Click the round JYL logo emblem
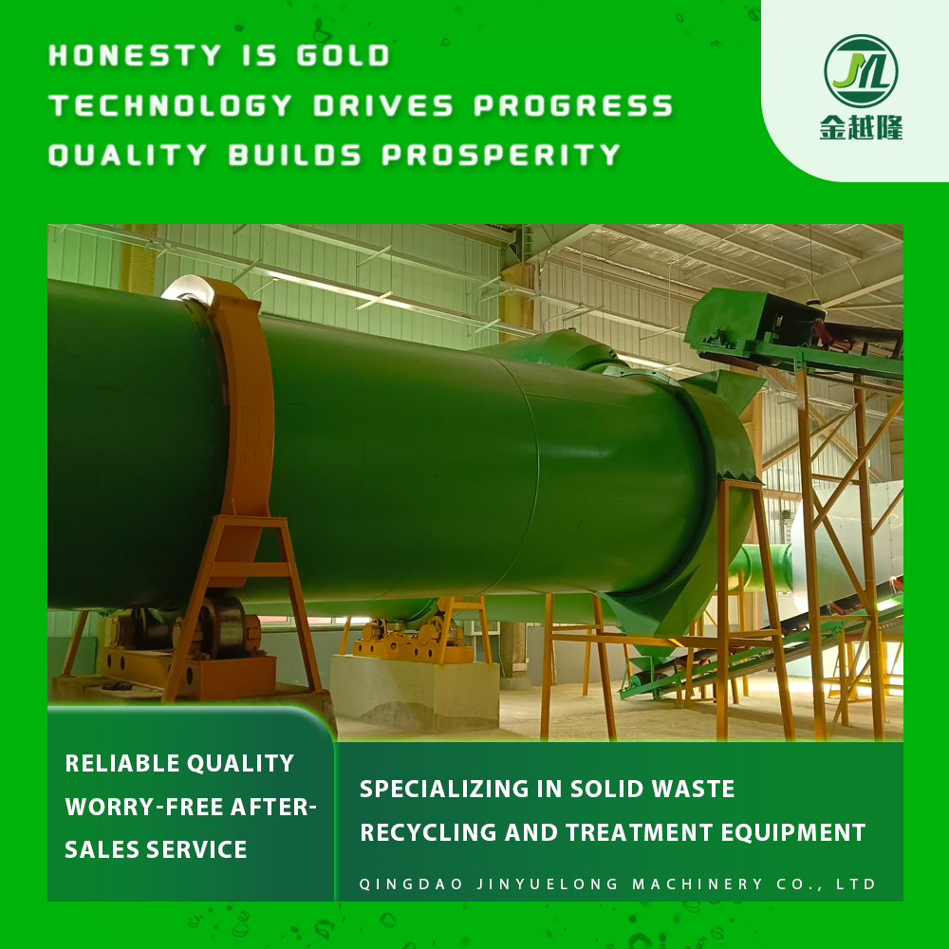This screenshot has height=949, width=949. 861,71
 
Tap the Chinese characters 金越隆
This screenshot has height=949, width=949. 861,128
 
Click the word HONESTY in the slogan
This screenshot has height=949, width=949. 135,56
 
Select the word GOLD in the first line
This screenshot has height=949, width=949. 344,56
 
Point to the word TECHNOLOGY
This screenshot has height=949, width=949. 171,105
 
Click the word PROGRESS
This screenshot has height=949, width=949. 573,105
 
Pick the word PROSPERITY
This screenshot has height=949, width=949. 501,155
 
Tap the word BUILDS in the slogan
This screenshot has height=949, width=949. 295,155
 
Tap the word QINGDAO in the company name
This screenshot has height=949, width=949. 411,884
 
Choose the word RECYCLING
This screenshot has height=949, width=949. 429,833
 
